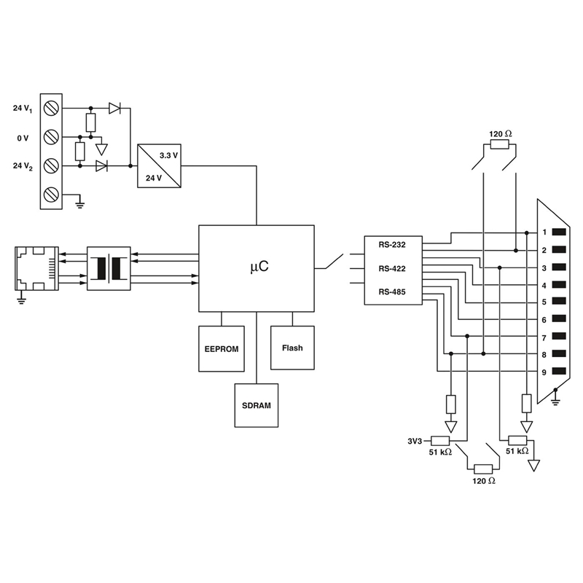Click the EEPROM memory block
222,349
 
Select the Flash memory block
292,348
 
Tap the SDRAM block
257,405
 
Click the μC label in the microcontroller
259,267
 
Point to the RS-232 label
392,245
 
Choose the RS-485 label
392,292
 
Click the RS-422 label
392,268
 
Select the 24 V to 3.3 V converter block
159,166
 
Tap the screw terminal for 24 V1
51,108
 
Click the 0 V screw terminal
51,137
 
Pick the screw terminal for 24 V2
51,165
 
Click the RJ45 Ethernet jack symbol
36,268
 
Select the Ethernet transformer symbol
109,268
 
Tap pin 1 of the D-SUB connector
559,232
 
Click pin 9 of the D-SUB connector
559,371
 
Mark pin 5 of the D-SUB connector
559,301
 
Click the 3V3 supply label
415,442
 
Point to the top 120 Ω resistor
499,144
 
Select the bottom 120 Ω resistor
483,469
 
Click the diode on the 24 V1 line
114,108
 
